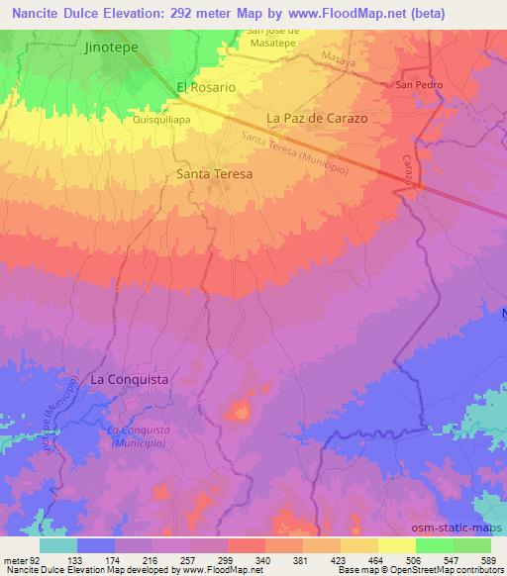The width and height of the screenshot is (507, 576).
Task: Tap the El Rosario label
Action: point(206,87)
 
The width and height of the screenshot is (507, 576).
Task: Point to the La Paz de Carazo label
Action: point(317,118)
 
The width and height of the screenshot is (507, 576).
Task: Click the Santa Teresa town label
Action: point(214,173)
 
